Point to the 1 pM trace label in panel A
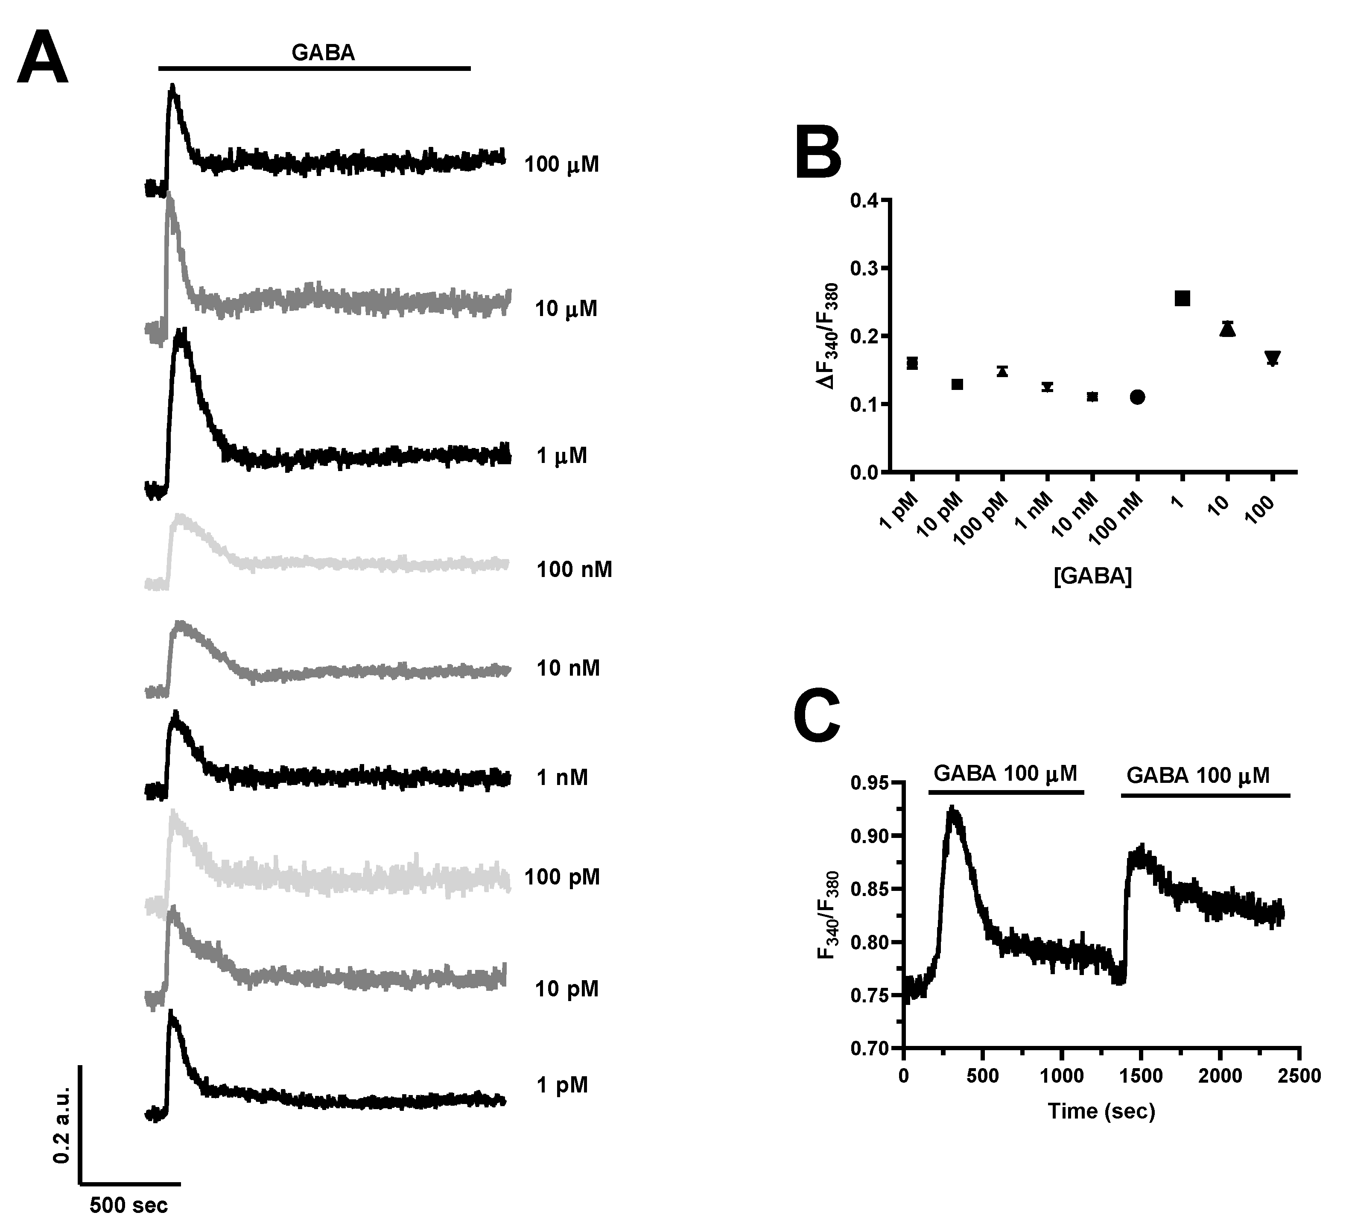(x=562, y=1085)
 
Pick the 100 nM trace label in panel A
(x=573, y=570)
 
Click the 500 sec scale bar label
(x=128, y=1205)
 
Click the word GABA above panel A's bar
(x=323, y=53)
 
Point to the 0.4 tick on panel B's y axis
(x=864, y=200)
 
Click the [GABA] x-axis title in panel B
(x=1092, y=577)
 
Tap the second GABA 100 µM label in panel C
(x=1198, y=775)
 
